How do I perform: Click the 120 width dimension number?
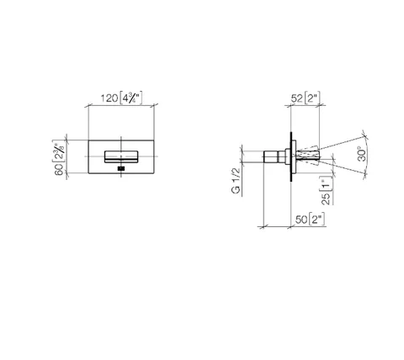coord(109,98)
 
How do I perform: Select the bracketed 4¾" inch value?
coord(131,98)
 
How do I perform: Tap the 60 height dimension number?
coord(59,170)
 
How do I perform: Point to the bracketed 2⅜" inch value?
coord(58,151)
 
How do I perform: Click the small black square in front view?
coord(121,168)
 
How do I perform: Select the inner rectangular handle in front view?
coord(121,156)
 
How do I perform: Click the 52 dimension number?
coord(296,98)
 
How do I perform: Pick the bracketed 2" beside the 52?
coord(311,98)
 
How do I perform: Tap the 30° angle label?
coord(363,154)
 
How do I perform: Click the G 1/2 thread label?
coord(236,181)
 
